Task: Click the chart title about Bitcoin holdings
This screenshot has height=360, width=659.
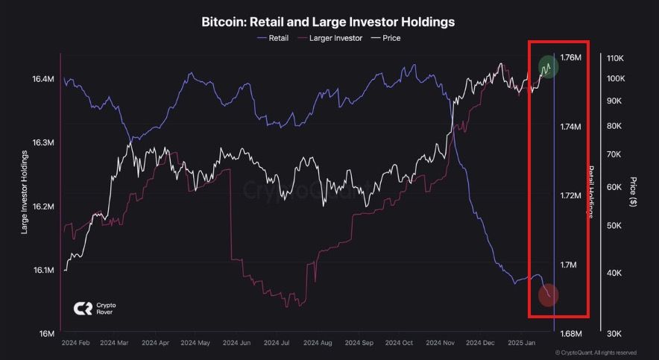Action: [x=328, y=22]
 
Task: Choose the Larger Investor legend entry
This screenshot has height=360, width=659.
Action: [x=330, y=37]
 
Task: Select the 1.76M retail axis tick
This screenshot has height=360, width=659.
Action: [x=571, y=58]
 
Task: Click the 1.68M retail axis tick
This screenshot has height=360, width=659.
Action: [x=571, y=333]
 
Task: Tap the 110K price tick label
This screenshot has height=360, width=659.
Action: [x=616, y=58]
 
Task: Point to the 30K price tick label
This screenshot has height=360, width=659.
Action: [x=615, y=333]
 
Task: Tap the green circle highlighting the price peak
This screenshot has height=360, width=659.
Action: [x=549, y=68]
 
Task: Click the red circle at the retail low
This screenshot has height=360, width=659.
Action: [x=549, y=296]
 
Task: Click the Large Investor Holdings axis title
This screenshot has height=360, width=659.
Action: [x=25, y=192]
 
